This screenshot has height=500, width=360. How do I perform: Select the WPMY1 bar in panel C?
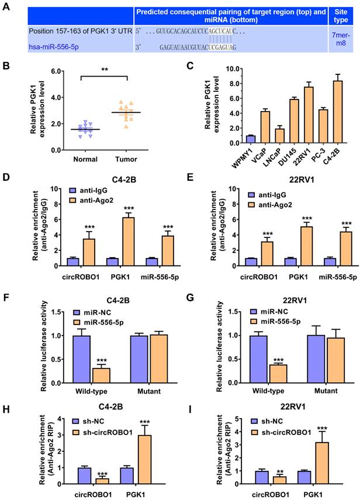point(234,139)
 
